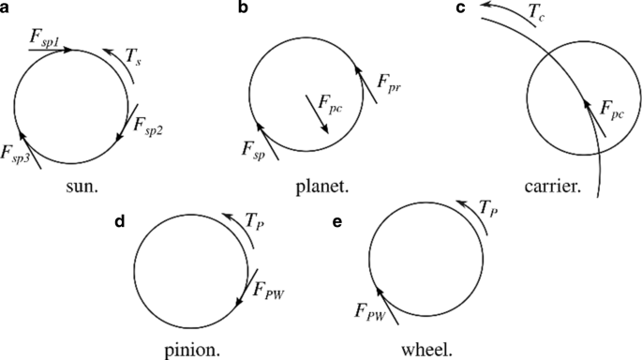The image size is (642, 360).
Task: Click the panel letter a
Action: [7, 9]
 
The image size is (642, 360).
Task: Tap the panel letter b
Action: [243, 9]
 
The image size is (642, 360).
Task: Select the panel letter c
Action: [460, 9]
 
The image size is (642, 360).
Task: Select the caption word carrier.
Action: [560, 186]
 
